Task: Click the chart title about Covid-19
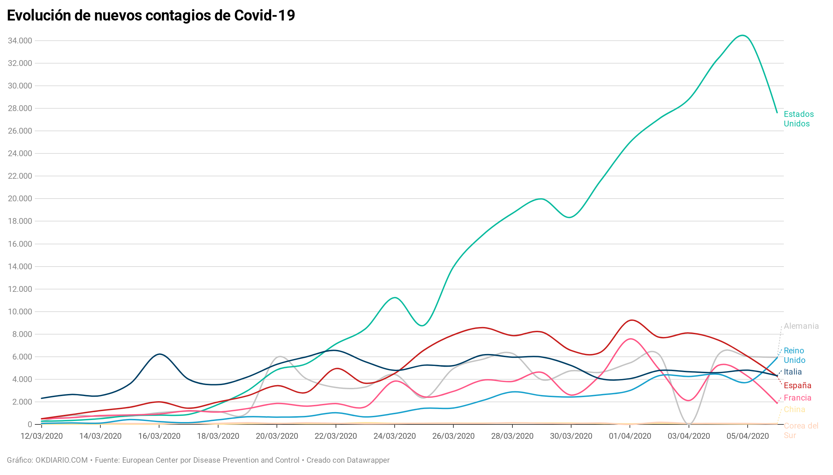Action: coord(151,16)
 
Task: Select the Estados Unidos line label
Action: coord(799,119)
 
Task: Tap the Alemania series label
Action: coord(801,326)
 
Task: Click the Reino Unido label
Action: coord(794,355)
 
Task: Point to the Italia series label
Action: coord(792,372)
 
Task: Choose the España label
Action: coord(797,385)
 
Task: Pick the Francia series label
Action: coord(797,398)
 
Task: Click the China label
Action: coord(794,409)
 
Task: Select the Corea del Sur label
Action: coord(801,431)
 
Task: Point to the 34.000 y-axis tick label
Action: coord(20,41)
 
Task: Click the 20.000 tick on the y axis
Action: coord(20,199)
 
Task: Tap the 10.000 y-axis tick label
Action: coord(20,312)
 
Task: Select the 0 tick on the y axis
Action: coord(30,424)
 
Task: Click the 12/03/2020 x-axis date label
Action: coord(42,436)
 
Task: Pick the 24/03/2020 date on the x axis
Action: coord(395,436)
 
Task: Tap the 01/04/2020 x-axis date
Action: coord(630,436)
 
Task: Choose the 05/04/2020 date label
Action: coord(748,436)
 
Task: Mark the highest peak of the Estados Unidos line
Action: coord(742,36)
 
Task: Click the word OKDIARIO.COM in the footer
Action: coord(61,460)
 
